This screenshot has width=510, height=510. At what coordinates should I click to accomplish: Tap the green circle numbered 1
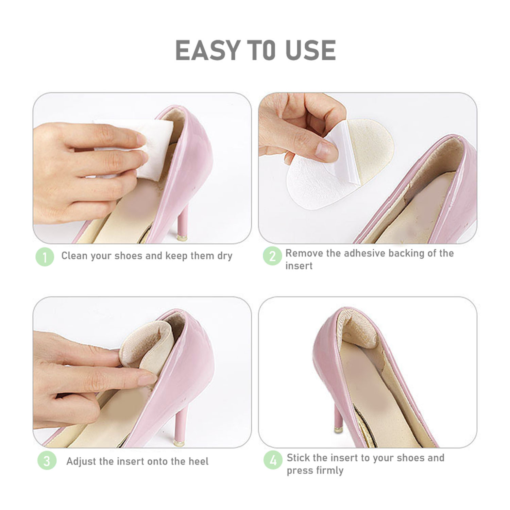coord(45,257)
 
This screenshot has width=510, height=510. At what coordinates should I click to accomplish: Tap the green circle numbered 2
coord(272,256)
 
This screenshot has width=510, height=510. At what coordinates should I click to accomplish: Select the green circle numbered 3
coord(47,461)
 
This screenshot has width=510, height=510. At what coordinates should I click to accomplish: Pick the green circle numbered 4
coord(273,460)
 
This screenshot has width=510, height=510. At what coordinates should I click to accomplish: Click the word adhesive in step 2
coord(364,253)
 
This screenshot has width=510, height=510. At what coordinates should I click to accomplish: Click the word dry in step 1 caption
coord(225,256)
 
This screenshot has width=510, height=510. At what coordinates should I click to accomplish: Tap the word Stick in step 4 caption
coord(298,458)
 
